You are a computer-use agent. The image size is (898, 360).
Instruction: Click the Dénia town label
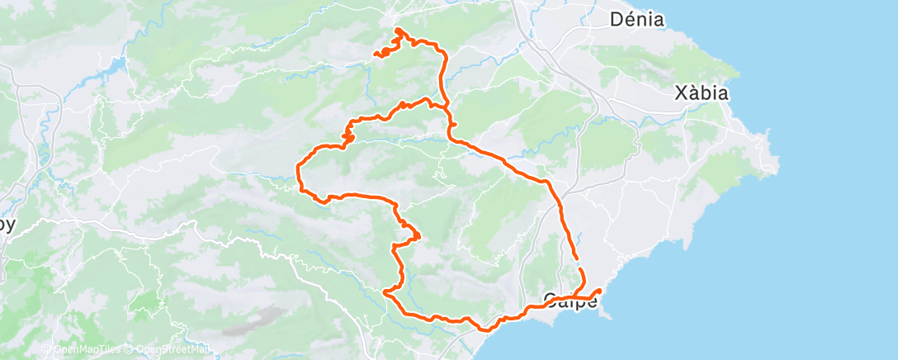pyautogui.click(x=636, y=19)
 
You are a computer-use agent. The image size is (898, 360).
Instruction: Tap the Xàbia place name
pyautogui.click(x=702, y=93)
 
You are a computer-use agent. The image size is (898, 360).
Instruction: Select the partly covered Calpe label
pyautogui.click(x=570, y=301)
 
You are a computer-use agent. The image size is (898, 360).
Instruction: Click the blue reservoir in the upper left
pyautogui.click(x=116, y=64)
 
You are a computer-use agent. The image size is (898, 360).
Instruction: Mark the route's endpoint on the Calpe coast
pyautogui.click(x=598, y=291)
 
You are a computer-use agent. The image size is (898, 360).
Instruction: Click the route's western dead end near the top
pyautogui.click(x=376, y=55)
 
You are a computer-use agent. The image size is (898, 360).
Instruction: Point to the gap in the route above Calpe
pyautogui.click(x=577, y=263)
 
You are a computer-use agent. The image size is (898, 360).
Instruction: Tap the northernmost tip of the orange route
pyautogui.click(x=399, y=30)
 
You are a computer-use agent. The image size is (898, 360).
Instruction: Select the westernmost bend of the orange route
pyautogui.click(x=297, y=171)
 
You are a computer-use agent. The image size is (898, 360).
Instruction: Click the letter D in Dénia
pyautogui.click(x=616, y=19)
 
